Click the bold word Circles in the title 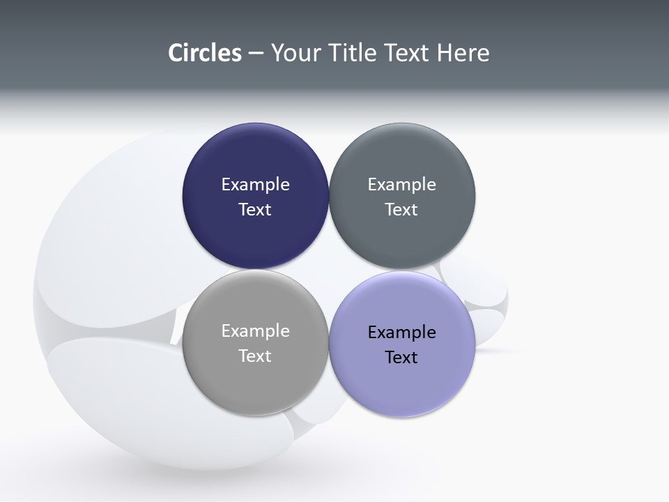[204, 53]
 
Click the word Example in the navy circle [255, 185]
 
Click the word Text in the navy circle [255, 210]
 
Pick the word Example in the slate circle [401, 185]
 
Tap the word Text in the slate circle [401, 210]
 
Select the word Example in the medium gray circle [255, 331]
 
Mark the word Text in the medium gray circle [255, 356]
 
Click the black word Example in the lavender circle [401, 333]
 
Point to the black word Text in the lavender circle [401, 358]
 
